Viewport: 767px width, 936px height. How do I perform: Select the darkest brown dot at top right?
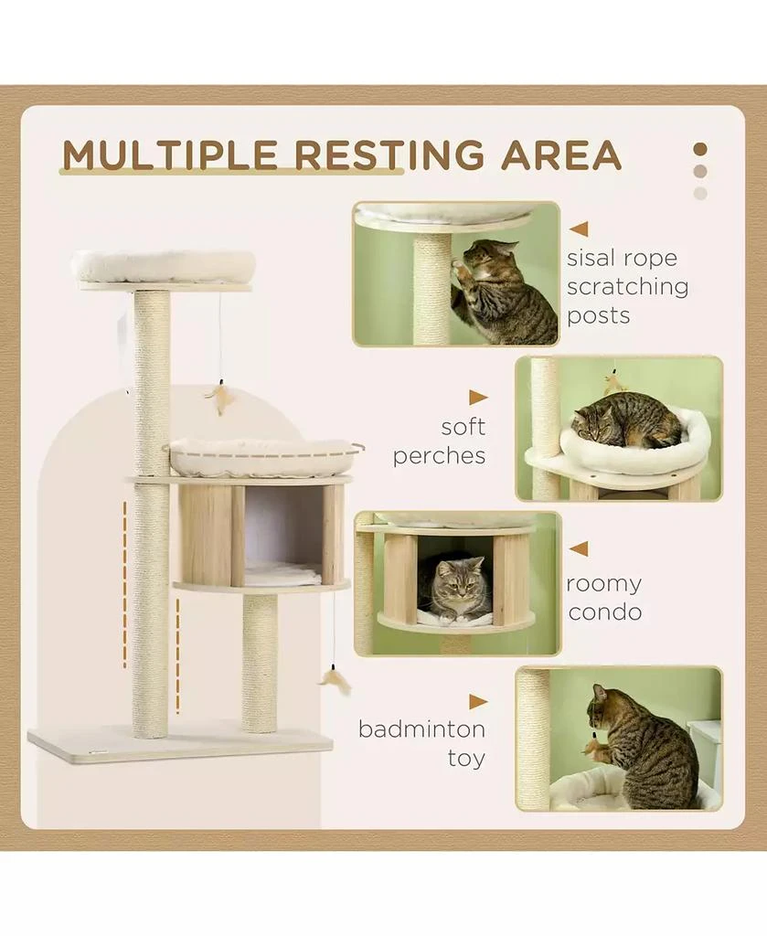(700, 149)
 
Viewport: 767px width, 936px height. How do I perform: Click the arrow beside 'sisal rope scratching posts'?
(579, 229)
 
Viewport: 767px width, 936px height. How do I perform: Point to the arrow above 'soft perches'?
(478, 398)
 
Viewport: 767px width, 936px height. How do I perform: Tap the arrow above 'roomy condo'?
(579, 549)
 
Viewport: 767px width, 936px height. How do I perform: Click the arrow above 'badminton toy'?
(478, 702)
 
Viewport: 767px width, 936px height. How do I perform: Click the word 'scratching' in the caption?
(627, 287)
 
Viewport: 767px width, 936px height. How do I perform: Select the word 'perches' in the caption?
(439, 455)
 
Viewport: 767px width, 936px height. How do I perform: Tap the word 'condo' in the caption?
(604, 612)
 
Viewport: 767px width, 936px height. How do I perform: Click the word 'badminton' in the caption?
(421, 729)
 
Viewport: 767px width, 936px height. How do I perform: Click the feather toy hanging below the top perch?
(220, 398)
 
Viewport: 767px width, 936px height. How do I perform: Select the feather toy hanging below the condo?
(335, 679)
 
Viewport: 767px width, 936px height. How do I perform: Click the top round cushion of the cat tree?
(163, 264)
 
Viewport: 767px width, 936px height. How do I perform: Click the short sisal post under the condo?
(260, 663)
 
